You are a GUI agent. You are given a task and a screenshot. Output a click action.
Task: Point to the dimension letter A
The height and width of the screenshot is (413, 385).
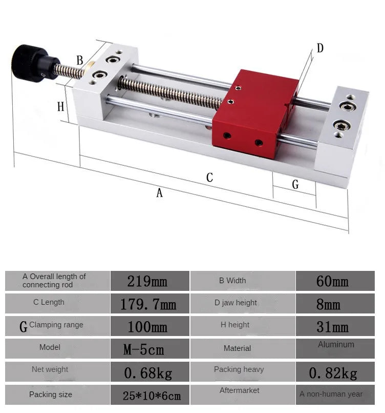159,193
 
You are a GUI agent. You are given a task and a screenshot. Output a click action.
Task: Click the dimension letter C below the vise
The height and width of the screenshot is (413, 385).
209,178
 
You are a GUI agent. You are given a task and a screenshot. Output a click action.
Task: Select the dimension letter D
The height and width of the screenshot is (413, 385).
320,48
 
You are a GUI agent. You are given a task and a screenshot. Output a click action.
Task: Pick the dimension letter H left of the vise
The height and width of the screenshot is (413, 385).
60,107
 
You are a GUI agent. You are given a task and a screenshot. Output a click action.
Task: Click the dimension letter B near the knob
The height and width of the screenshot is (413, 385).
80,61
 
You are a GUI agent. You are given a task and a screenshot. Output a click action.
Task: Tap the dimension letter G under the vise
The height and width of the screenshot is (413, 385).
295,185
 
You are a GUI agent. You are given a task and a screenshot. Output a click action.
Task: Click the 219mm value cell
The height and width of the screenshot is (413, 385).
147,281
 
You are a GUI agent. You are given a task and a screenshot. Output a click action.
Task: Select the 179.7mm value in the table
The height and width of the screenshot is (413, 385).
148,304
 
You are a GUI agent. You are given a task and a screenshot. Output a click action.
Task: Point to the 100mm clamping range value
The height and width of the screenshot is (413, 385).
147,327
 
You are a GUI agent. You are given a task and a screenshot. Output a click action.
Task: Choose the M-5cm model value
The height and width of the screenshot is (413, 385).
144,350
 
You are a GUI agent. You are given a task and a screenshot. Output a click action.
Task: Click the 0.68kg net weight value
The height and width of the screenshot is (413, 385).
148,372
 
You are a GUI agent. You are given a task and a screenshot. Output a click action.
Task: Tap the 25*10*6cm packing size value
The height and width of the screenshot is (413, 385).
152,396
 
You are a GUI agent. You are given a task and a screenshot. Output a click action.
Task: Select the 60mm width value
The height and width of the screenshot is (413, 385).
332,281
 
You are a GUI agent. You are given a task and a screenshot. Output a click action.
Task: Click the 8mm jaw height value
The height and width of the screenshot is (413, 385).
328,304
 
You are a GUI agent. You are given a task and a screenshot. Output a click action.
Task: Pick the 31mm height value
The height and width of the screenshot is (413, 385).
332,327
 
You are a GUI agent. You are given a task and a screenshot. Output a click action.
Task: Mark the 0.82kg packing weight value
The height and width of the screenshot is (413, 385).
333,372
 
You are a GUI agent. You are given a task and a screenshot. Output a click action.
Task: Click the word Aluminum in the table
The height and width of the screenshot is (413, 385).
336,345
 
